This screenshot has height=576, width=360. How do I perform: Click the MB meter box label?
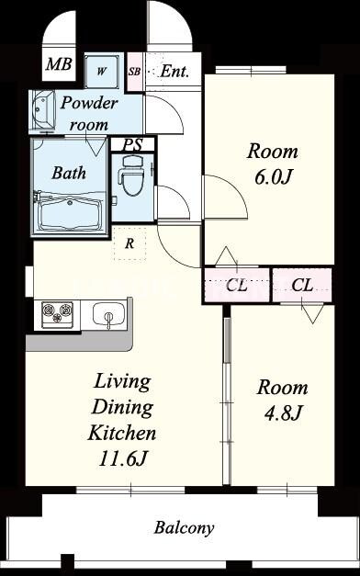coord(59,64)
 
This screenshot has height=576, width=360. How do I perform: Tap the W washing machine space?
coord(102,72)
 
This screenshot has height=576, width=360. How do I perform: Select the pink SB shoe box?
coord(134,72)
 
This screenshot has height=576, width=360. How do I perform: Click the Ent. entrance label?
coord(174,72)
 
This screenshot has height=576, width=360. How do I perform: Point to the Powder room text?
coord(89,114)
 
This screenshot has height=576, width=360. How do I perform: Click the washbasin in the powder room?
coord(42,110)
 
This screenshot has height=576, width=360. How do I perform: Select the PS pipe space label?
coord(132,145)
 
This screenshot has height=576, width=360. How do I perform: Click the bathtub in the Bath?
coord(70,213)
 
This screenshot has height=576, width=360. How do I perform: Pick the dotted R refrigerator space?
coord(129,243)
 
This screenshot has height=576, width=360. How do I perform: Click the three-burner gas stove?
coord(57,313)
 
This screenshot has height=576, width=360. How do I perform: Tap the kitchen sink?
coord(108,313)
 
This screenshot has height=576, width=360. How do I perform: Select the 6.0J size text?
coord(273,178)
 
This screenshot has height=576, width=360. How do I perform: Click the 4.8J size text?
coord(283,413)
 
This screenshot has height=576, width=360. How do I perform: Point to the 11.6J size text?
coord(123,459)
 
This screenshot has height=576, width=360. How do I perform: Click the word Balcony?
coord(184,528)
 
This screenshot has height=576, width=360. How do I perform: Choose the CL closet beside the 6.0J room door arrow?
coord(237,285)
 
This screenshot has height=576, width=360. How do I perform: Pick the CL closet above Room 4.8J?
coord(302,285)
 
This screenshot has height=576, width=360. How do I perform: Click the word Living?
coord(122,382)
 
